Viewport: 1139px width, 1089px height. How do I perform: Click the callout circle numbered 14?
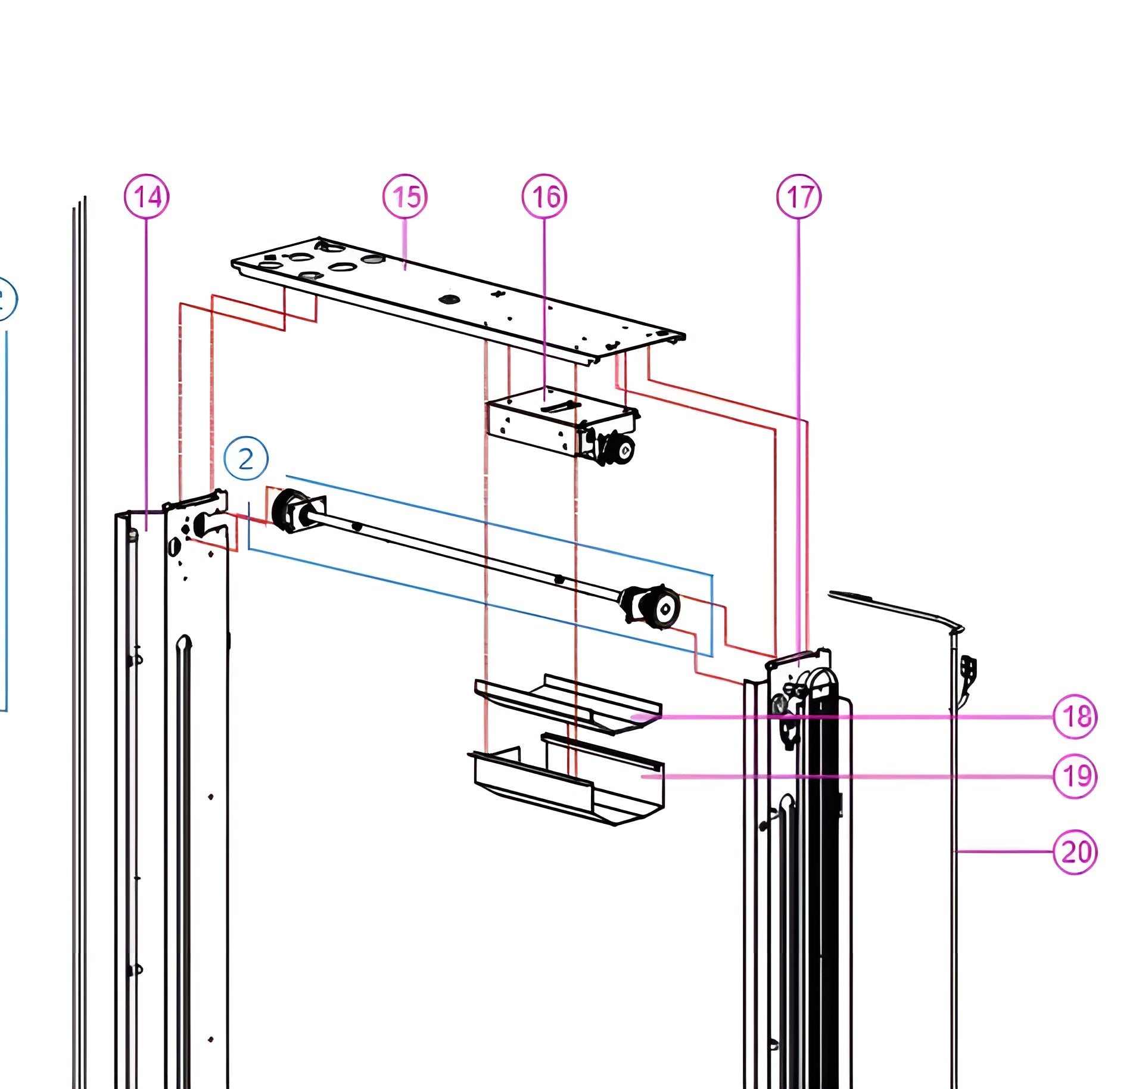point(147,196)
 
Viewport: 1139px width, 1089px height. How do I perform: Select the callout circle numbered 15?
point(405,196)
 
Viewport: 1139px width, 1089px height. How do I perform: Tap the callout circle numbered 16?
point(544,196)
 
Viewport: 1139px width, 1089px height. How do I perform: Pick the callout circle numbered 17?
point(799,196)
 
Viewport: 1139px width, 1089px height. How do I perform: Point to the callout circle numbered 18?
point(1075,716)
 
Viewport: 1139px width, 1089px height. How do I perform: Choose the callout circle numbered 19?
point(1075,776)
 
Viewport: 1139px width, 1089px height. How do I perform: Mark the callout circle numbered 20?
point(1075,852)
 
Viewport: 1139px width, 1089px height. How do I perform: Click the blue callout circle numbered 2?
point(246,458)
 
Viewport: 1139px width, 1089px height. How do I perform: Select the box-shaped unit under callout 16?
point(536,420)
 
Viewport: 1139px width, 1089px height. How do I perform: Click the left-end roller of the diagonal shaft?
point(286,511)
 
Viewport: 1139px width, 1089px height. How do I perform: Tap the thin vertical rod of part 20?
point(954,894)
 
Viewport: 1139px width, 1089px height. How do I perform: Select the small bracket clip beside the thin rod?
point(969,670)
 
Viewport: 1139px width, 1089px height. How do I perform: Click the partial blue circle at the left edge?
point(6,299)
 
